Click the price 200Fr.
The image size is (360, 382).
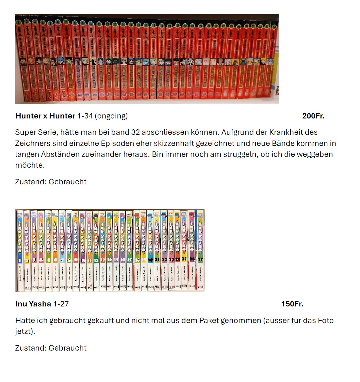(313, 116)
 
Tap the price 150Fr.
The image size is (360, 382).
(292, 304)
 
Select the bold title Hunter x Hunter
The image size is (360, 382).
(45, 116)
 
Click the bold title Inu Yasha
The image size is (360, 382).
(33, 304)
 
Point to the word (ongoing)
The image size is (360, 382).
(111, 116)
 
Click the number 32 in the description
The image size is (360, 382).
(136, 132)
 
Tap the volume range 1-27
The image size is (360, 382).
(61, 304)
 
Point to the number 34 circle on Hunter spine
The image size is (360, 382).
(274, 27)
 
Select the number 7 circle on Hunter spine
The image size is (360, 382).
(66, 22)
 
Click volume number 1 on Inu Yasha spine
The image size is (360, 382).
(20, 260)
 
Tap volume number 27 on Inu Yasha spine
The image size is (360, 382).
(200, 259)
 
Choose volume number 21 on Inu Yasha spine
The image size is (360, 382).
(157, 260)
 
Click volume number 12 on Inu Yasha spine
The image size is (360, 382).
(96, 260)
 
